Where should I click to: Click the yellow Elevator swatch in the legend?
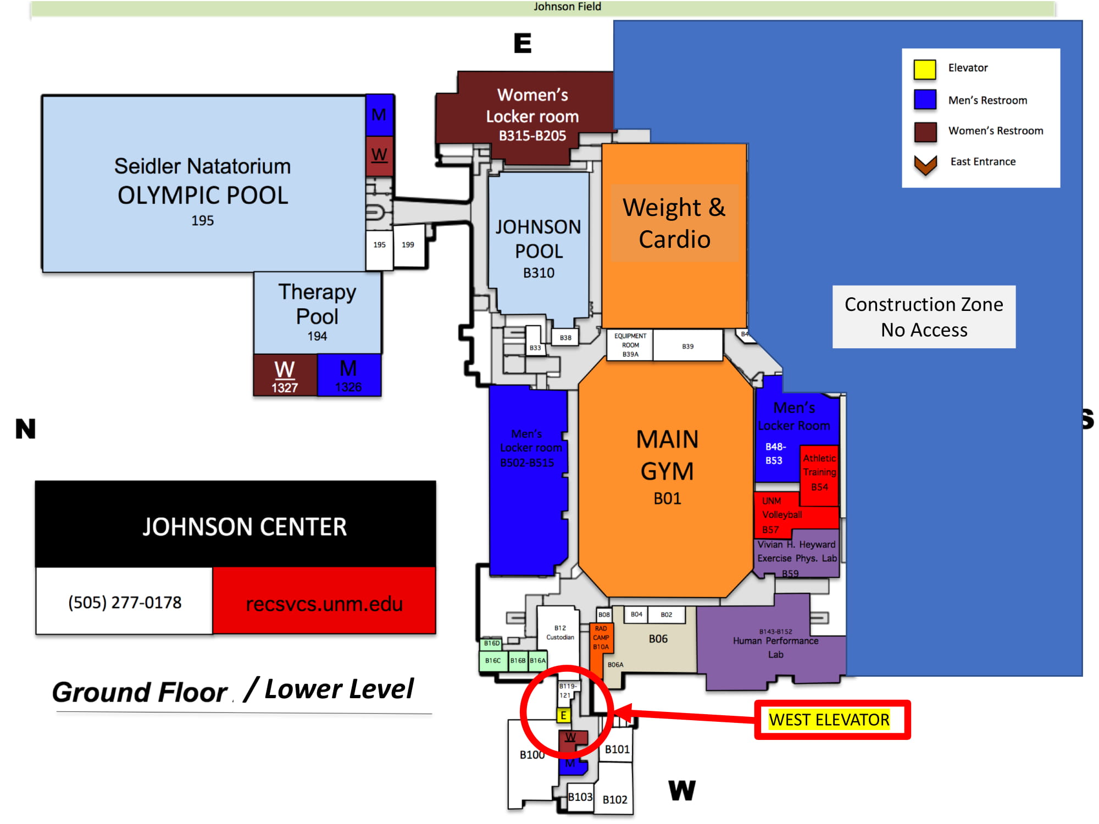tap(925, 69)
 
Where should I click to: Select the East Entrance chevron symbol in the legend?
tap(925, 164)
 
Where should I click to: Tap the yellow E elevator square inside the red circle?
tap(563, 715)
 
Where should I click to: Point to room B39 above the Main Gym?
tap(688, 346)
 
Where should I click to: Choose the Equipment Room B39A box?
tap(630, 345)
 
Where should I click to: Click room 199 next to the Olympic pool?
tap(408, 245)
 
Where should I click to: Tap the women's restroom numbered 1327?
tap(285, 376)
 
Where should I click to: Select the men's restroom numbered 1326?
tap(348, 376)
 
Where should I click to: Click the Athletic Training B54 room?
tap(819, 472)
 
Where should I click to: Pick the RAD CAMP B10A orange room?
tap(601, 638)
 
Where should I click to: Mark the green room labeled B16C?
tap(493, 660)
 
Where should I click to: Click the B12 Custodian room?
tap(560, 633)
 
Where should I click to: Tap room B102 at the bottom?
tap(615, 799)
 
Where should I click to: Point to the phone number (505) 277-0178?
tap(125, 602)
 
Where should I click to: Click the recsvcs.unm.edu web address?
tap(324, 603)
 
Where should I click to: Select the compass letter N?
tap(26, 428)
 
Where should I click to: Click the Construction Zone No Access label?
tap(924, 317)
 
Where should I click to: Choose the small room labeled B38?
tap(565, 338)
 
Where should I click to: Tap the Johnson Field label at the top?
tap(567, 7)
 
